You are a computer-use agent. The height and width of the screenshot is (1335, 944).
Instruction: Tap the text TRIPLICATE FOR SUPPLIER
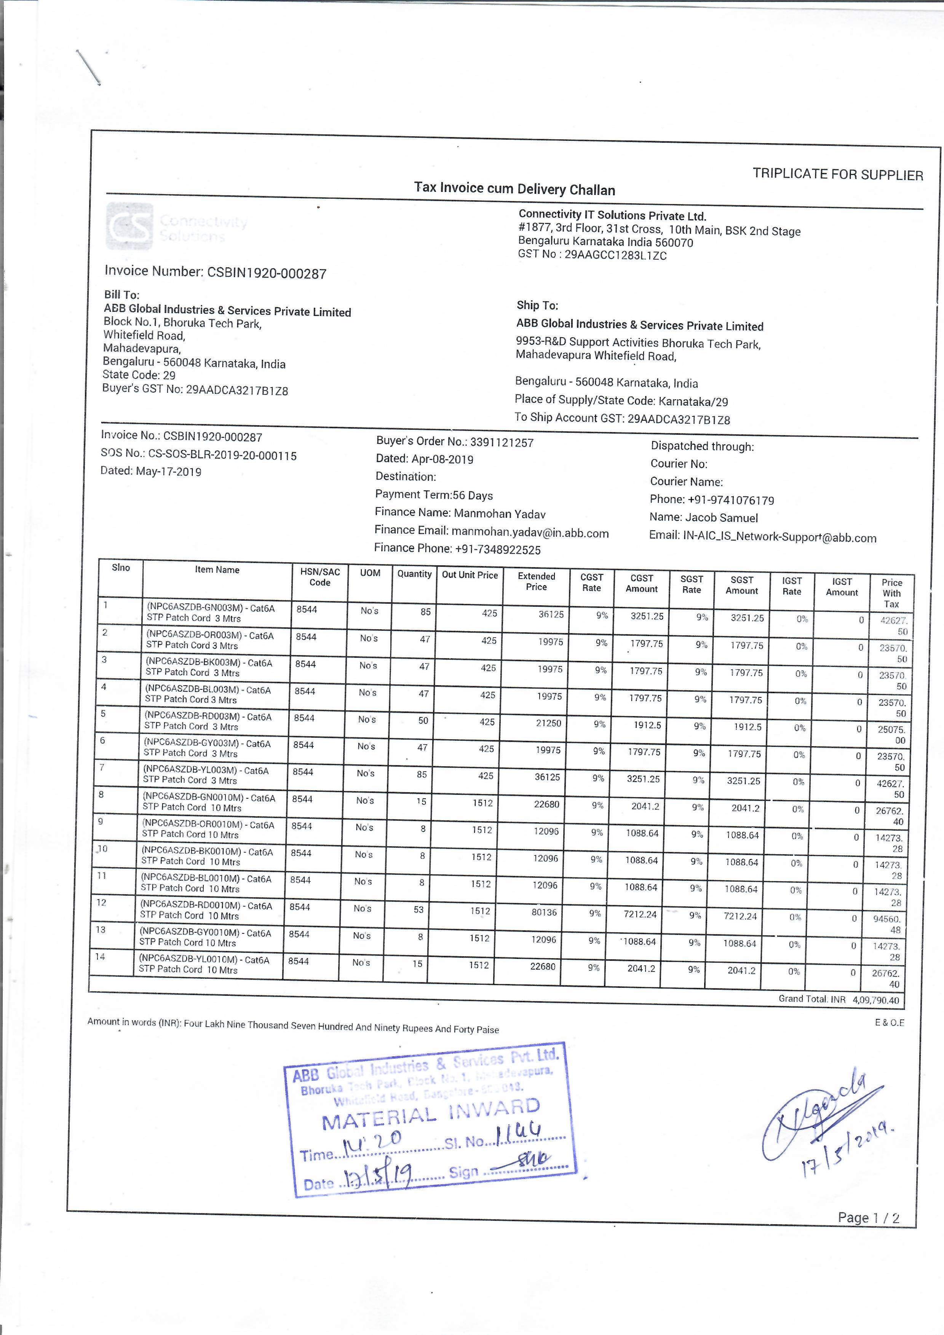pos(837,174)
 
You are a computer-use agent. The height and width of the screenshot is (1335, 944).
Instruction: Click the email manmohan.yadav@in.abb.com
pos(530,533)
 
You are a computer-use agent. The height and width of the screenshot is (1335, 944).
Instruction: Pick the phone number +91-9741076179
pos(730,500)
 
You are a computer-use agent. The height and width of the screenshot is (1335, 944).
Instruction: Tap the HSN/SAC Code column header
pos(320,577)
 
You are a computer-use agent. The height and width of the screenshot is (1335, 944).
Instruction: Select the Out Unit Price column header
pos(470,575)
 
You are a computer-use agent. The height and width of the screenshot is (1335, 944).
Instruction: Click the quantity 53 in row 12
pos(419,909)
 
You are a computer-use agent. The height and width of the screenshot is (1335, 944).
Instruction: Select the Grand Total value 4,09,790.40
pos(875,1000)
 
